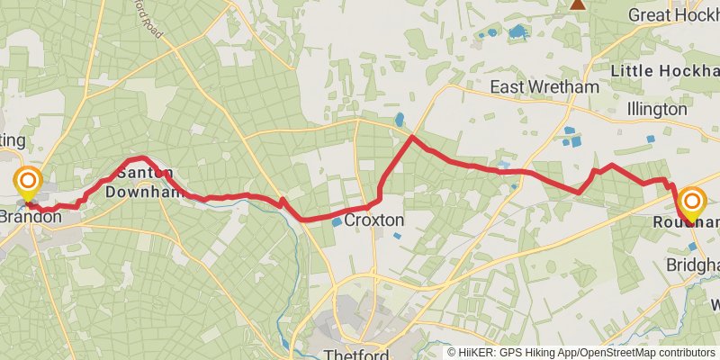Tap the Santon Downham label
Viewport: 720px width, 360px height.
click(139, 182)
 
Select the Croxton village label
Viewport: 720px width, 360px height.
click(374, 220)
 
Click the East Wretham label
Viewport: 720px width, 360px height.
click(544, 87)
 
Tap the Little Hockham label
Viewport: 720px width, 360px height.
click(664, 70)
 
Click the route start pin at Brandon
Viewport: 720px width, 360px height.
click(28, 184)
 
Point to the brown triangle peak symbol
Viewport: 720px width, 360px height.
click(577, 4)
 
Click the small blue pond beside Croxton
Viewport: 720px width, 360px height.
click(336, 221)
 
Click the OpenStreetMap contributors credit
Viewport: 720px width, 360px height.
click(658, 353)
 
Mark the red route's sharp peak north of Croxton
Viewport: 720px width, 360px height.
click(412, 137)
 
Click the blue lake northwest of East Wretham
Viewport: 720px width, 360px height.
click(517, 32)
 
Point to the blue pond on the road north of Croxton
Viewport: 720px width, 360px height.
click(400, 119)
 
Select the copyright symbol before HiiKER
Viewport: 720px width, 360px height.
click(452, 353)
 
